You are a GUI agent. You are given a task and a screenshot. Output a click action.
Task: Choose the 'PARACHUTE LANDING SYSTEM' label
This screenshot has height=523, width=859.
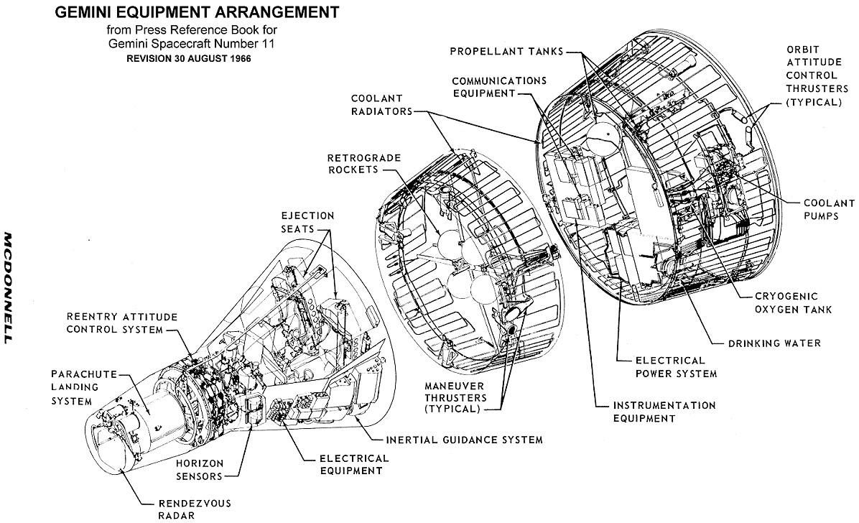[80, 388]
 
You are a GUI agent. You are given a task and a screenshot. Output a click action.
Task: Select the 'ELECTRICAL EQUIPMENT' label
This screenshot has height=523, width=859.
[344, 464]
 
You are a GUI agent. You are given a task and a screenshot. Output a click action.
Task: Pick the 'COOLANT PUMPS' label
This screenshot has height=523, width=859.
[821, 209]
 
